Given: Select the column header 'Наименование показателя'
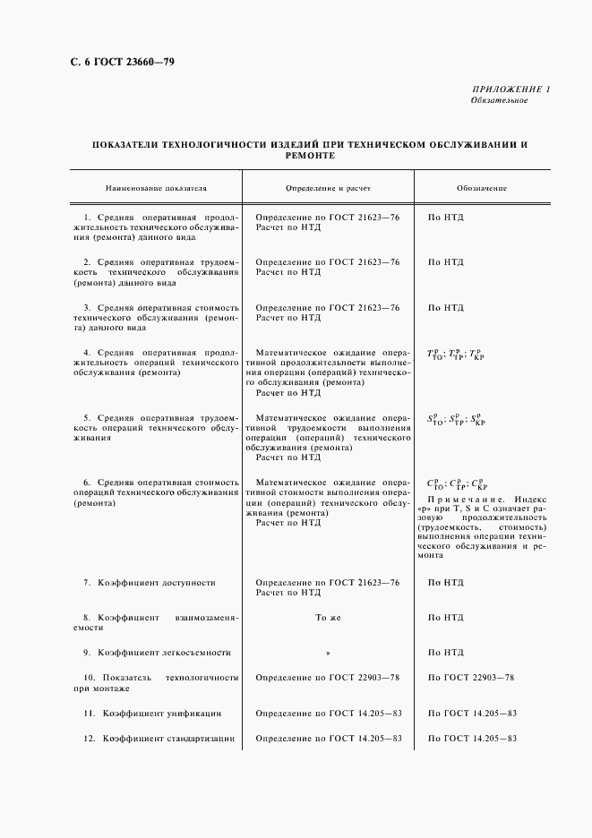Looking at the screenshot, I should pos(156,190).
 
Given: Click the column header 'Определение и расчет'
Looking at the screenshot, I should pos(328,190).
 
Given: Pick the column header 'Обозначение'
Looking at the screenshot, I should pos(481,190).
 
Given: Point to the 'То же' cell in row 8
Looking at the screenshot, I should pos(328,618).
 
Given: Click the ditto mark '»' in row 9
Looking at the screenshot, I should pos(328,653).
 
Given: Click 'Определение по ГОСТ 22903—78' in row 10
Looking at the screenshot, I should pos(328,678).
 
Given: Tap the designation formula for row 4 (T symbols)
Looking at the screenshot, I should pos(455,354).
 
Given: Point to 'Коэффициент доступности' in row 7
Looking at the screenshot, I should pos(157,583).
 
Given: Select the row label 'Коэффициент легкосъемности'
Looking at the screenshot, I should pos(164,653).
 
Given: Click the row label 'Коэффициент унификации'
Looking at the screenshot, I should pos(159,714).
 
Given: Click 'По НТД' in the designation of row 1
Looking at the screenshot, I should pos(446,218).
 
